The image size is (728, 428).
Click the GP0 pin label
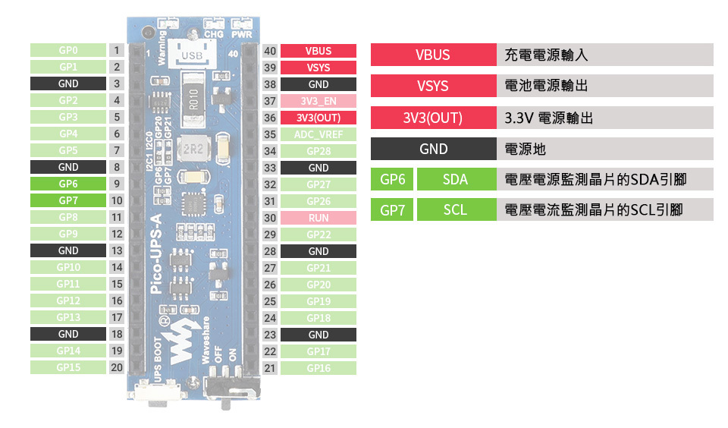(67, 50)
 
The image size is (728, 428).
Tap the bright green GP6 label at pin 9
(67, 184)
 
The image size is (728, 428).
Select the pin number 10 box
(117, 200)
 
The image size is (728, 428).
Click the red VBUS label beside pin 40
(318, 51)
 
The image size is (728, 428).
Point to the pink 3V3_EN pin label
(318, 101)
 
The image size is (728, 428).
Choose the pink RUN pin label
(318, 218)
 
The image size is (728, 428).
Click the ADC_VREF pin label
(318, 134)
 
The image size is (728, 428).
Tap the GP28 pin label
(318, 151)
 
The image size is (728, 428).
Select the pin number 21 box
(270, 368)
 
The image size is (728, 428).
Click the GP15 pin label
(67, 367)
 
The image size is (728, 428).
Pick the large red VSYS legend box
(433, 87)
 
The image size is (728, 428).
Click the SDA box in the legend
(455, 180)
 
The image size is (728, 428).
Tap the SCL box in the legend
(455, 210)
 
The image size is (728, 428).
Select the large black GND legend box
(433, 149)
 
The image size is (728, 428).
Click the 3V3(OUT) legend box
(433, 118)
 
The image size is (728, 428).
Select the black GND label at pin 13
(67, 250)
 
